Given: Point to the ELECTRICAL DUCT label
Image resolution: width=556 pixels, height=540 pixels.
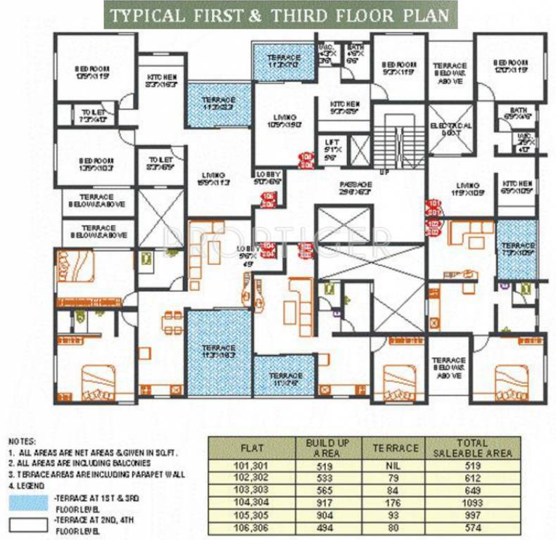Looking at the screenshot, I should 448,129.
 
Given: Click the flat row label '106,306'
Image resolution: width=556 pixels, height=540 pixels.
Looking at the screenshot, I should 253,529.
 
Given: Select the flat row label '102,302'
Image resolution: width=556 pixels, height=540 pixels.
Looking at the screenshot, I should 253,477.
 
